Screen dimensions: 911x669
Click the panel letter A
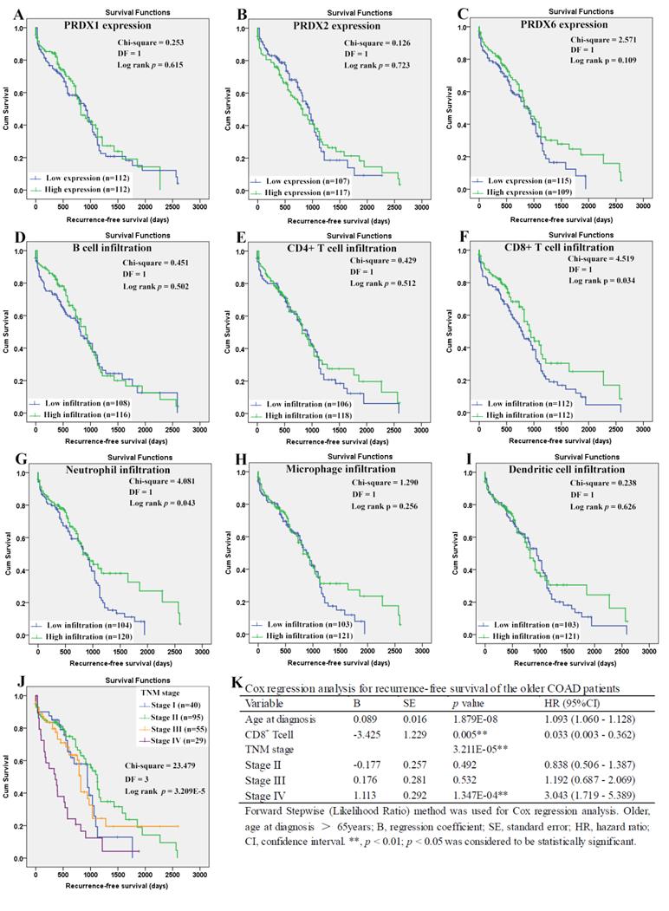click(x=10, y=15)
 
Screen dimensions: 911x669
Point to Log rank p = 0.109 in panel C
click(x=601, y=63)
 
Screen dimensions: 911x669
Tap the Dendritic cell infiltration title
click(x=542, y=469)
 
